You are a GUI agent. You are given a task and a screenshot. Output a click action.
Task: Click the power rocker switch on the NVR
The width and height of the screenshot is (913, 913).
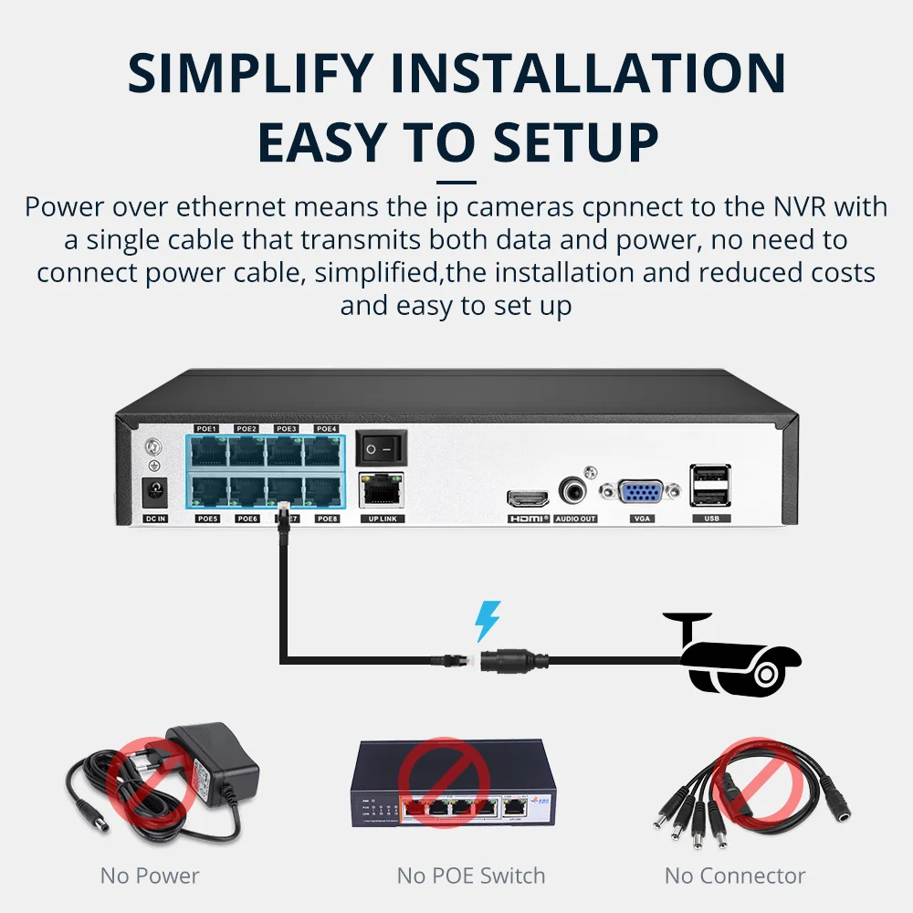click(x=381, y=448)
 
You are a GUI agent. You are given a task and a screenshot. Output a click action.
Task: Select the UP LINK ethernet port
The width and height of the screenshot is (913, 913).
click(x=381, y=492)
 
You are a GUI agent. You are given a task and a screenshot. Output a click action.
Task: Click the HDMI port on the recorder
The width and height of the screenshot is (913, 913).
click(x=528, y=498)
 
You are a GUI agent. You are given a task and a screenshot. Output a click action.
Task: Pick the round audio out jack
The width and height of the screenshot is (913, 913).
click(x=575, y=493)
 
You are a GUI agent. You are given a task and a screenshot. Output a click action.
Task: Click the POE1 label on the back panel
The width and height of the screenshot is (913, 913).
click(x=206, y=428)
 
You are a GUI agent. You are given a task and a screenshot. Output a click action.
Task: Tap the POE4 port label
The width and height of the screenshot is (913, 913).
click(x=327, y=428)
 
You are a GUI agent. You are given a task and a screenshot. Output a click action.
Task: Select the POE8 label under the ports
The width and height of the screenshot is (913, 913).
click(x=327, y=519)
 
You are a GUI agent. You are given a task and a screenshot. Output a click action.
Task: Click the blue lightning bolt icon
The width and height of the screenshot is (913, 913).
click(x=488, y=621)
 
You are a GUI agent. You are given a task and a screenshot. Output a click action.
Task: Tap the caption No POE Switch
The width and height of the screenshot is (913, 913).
click(x=471, y=876)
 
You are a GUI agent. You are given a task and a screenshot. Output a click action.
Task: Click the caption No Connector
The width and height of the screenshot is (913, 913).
click(x=735, y=876)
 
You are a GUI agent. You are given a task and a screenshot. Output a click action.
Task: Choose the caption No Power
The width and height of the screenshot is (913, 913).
click(x=150, y=876)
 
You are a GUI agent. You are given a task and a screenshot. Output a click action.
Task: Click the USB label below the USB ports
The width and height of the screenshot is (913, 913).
click(x=710, y=519)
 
